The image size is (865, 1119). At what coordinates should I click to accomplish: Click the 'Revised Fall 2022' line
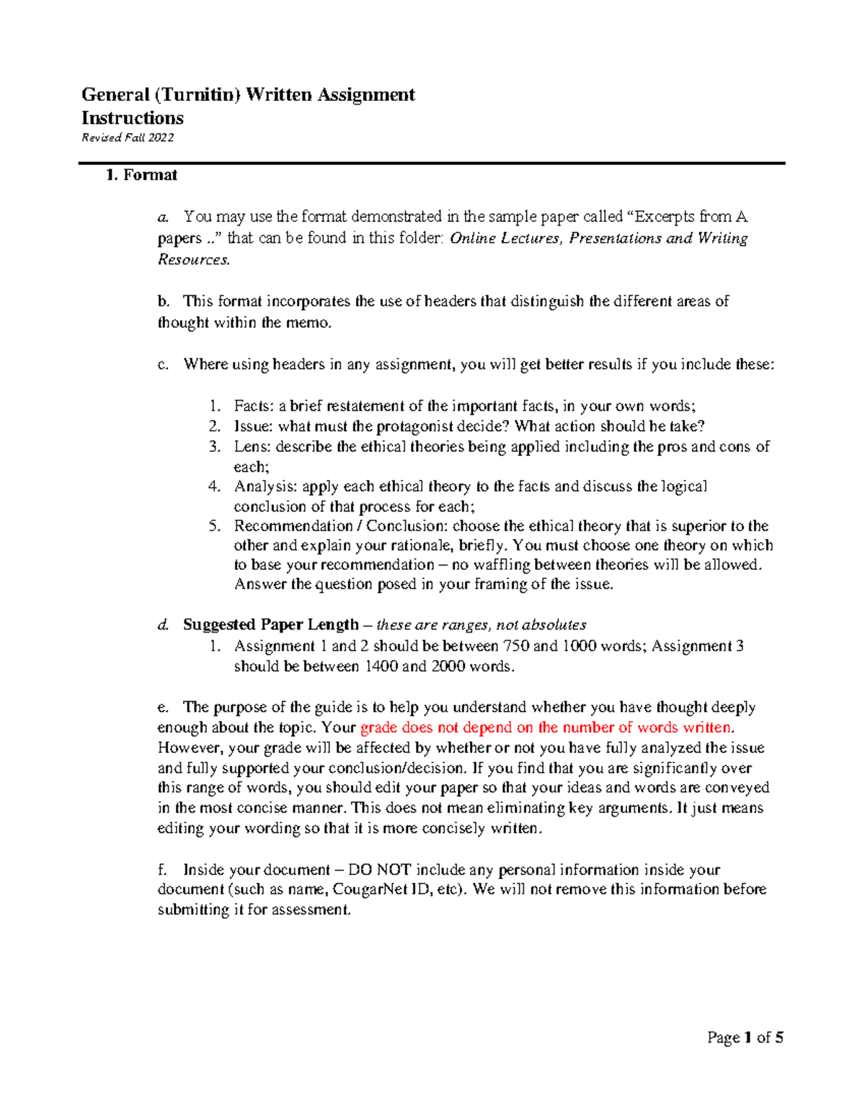[128, 138]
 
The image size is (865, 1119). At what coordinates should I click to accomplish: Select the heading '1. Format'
[141, 175]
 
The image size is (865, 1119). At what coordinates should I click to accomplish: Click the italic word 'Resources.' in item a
[194, 259]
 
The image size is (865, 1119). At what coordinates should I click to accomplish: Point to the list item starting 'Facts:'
[464, 406]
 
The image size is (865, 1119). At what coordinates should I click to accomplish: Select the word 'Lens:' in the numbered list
[252, 446]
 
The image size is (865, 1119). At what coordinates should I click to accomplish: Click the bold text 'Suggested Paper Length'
[270, 625]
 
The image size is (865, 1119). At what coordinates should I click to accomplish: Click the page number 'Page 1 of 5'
[745, 1038]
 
